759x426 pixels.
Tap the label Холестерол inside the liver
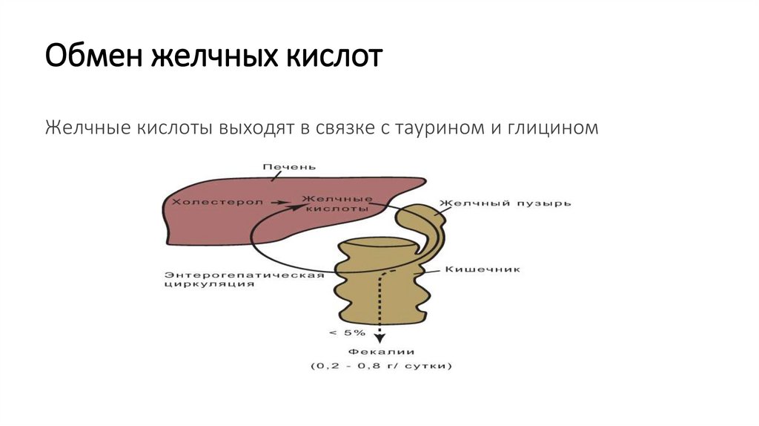[219, 201]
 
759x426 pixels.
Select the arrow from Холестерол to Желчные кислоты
[282, 201]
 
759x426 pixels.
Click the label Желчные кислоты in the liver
[337, 204]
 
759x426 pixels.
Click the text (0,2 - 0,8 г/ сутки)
[381, 366]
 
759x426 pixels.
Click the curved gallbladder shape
[422, 223]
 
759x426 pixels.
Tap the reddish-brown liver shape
[222, 223]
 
